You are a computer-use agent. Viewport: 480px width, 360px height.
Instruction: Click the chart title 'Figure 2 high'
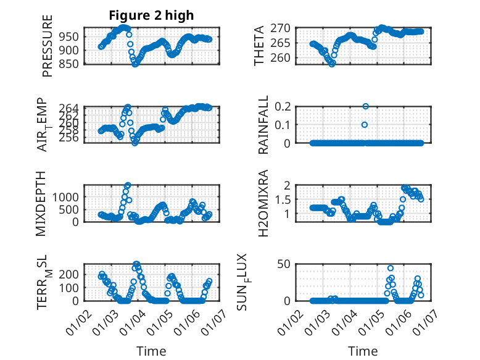click(151, 15)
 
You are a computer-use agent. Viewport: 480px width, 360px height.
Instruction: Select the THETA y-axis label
click(260, 46)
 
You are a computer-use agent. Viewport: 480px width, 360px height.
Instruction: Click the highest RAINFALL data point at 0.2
click(365, 106)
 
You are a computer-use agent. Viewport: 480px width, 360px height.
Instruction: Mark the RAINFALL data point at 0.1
click(365, 125)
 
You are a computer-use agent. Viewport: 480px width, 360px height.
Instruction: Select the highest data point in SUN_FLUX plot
click(391, 269)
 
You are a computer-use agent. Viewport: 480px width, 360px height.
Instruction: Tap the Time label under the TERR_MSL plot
click(151, 351)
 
